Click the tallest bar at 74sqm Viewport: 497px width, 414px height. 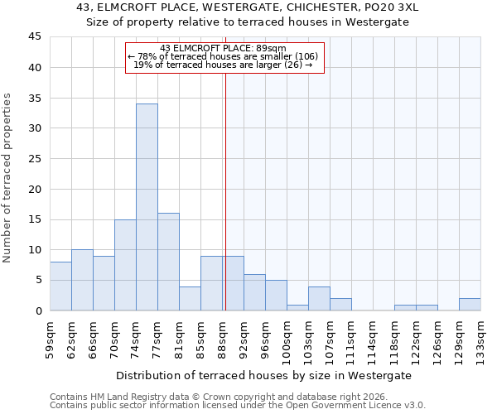tap(147, 207)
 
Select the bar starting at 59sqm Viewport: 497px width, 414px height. tap(60, 286)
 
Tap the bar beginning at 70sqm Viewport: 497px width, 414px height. tap(125, 265)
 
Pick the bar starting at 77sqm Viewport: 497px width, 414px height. tap(168, 262)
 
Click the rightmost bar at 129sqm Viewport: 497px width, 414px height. tap(470, 305)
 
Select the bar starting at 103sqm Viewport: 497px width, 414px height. tap(319, 299)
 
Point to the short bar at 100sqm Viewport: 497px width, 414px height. tap(297, 307)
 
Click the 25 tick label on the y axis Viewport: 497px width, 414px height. tap(34, 159)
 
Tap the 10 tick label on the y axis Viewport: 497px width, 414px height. tap(34, 250)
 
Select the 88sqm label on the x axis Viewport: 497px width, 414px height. tap(222, 337)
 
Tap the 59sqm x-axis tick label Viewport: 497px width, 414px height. tap(50, 337)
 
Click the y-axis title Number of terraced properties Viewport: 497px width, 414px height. tap(7, 178)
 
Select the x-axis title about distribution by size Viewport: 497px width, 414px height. tap(264, 375)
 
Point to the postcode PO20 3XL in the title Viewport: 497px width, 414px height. tap(393, 7)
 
